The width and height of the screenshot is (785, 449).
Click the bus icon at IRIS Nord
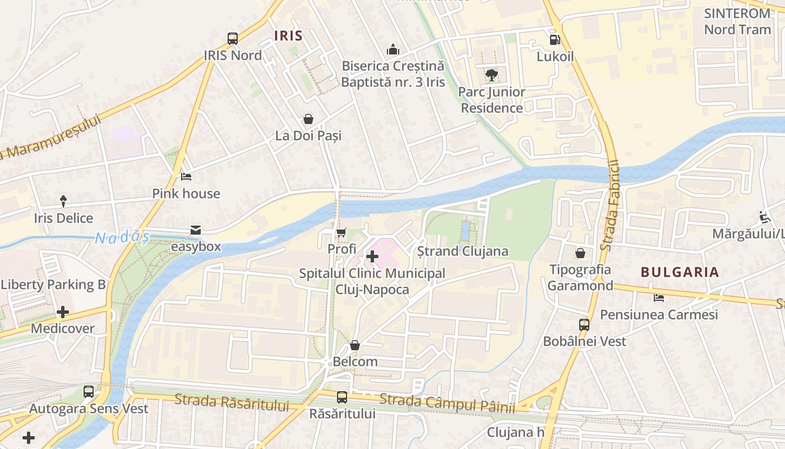click(233, 39)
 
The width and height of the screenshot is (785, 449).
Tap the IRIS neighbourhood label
click(288, 36)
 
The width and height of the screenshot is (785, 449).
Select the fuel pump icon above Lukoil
click(555, 40)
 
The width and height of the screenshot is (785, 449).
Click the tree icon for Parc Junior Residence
click(492, 75)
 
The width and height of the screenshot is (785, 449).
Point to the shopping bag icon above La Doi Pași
click(308, 119)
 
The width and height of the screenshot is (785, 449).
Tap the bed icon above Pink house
click(186, 177)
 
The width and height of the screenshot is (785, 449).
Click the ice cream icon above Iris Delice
click(63, 201)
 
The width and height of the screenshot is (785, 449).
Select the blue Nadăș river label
click(122, 238)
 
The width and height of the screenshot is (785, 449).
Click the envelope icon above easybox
click(196, 230)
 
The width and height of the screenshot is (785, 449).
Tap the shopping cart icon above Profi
click(341, 232)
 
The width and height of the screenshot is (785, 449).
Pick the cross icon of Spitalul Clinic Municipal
click(372, 257)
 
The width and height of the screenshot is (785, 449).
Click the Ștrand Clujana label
click(463, 251)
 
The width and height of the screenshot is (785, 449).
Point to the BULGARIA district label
click(680, 272)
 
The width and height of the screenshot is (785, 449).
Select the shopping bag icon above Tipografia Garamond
click(580, 253)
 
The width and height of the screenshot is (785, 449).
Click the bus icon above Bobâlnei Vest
click(584, 324)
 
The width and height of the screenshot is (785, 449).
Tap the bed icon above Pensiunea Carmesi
click(659, 297)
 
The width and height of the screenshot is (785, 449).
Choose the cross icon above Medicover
click(63, 311)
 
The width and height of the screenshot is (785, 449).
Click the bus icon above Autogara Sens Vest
click(89, 392)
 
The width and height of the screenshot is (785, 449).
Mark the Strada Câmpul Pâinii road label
click(447, 404)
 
